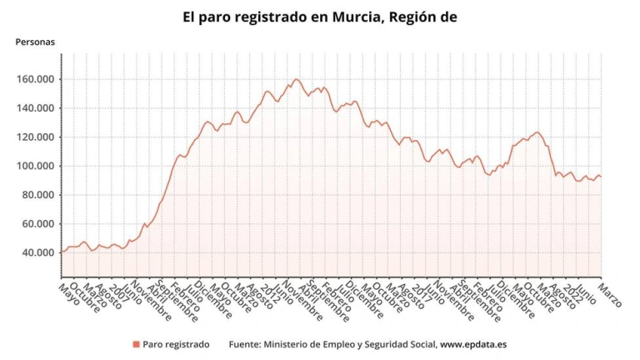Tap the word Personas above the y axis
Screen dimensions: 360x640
35,42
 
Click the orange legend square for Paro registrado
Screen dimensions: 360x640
136,343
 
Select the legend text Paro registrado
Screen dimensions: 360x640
176,343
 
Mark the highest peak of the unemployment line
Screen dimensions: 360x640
296,80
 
